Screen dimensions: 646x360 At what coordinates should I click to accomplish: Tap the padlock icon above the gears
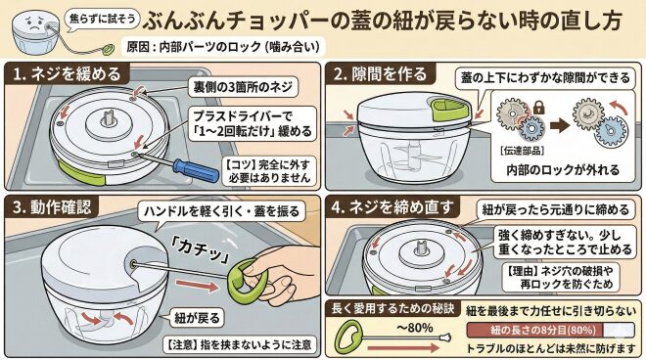[538, 108]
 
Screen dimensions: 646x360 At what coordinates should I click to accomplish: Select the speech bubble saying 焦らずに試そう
[103, 19]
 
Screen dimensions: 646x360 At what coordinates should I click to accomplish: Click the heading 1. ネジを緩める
[67, 74]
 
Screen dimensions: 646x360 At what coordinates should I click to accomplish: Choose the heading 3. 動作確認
[52, 206]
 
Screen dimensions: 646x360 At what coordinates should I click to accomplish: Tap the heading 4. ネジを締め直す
[392, 207]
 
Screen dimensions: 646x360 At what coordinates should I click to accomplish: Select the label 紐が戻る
[198, 318]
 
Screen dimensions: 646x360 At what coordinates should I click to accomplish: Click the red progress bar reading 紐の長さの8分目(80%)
[534, 330]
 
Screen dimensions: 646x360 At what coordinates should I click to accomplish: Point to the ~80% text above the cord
[414, 328]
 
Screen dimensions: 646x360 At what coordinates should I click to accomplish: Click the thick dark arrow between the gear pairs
[560, 125]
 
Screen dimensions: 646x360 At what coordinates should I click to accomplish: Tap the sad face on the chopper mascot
[34, 24]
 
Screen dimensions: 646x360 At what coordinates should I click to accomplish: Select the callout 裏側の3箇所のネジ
[243, 87]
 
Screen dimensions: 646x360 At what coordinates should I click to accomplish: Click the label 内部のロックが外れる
[563, 169]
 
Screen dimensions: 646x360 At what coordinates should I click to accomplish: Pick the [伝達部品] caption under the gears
[522, 151]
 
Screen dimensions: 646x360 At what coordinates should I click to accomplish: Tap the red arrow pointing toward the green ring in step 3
[197, 285]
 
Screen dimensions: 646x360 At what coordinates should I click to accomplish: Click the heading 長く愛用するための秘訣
[392, 308]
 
